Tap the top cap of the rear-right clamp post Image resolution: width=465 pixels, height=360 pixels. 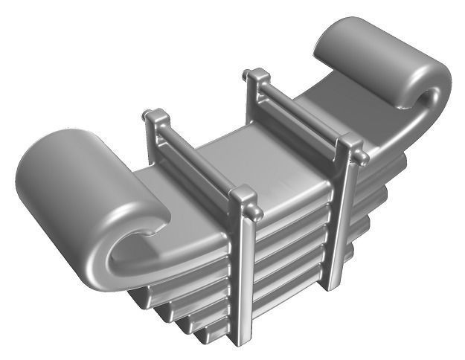tap(257, 76)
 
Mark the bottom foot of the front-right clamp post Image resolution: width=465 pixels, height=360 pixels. tap(333, 281)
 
